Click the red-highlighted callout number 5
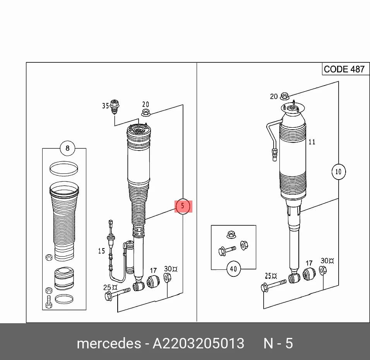[x=183, y=206]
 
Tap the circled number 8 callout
[x=67, y=148]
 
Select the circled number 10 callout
[x=338, y=171]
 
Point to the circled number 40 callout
[x=233, y=269]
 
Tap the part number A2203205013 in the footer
[x=198, y=343]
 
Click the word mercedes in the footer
[x=109, y=343]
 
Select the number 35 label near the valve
[x=106, y=106]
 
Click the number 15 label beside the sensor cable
[x=101, y=251]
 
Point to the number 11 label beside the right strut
[x=312, y=142]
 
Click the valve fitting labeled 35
[x=115, y=107]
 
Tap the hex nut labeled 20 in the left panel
[x=146, y=112]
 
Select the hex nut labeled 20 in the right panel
[x=285, y=96]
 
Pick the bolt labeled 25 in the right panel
[x=274, y=285]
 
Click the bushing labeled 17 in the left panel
[x=153, y=281]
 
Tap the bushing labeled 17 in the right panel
[x=309, y=274]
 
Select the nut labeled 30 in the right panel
[x=322, y=270]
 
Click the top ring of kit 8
[x=64, y=168]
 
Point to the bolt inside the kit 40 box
[x=227, y=250]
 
